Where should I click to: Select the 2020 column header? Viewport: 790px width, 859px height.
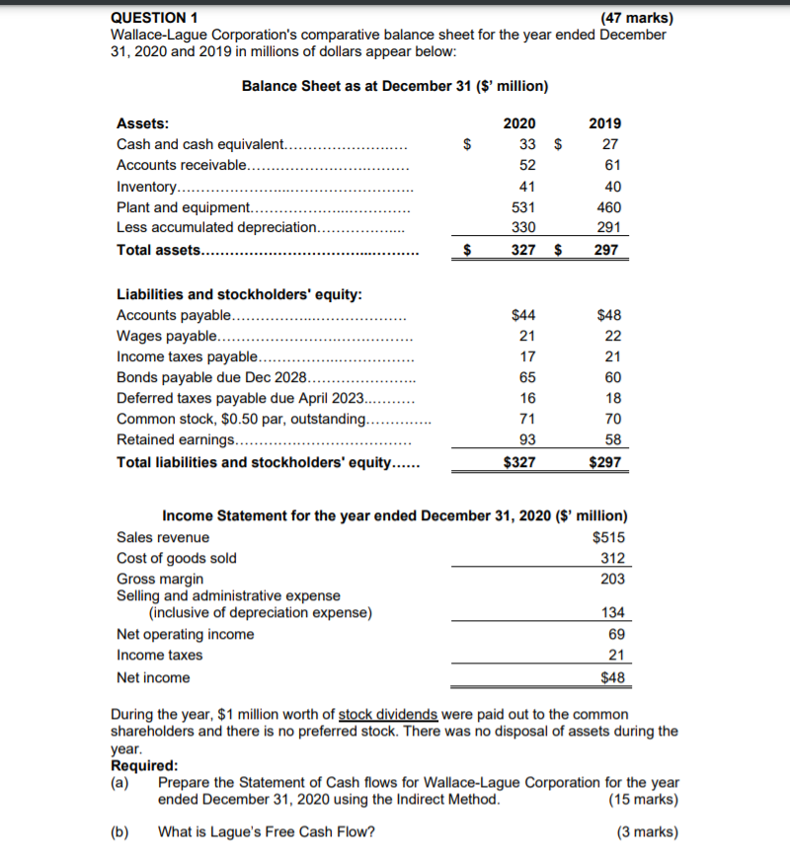pos(519,123)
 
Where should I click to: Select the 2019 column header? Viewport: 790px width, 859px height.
pos(604,123)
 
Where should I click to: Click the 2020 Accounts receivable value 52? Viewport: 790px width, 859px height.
pos(527,165)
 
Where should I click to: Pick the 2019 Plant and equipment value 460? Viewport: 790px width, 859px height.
pos(608,207)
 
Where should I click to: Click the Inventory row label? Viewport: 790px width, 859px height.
pos(147,187)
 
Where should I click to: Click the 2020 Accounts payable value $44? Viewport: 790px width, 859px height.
pos(523,315)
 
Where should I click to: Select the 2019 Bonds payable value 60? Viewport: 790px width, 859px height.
pos(611,377)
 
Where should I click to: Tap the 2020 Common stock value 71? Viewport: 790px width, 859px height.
pos(527,419)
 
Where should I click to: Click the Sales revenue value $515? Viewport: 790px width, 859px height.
pos(608,537)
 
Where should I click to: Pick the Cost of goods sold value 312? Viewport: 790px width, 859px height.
pos(612,558)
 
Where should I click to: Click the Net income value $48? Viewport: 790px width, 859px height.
pos(612,677)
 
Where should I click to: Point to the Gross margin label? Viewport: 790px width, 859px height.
pos(160,579)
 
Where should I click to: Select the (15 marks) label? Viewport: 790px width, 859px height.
pos(644,800)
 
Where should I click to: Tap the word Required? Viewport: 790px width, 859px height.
pos(144,765)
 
